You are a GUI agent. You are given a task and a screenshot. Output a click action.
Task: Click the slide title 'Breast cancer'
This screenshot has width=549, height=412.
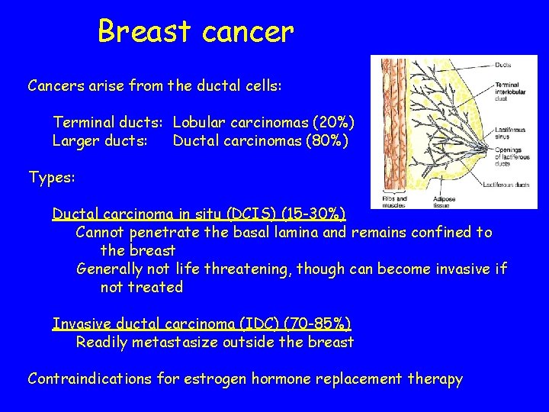click(x=195, y=32)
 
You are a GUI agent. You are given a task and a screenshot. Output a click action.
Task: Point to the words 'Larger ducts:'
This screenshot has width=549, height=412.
click(x=100, y=140)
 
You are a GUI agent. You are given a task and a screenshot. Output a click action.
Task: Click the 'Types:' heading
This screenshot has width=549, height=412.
click(x=51, y=178)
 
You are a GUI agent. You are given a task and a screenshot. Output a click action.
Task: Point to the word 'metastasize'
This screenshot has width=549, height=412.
click(x=176, y=342)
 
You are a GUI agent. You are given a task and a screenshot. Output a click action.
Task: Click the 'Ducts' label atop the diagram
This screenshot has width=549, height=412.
click(x=503, y=64)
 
